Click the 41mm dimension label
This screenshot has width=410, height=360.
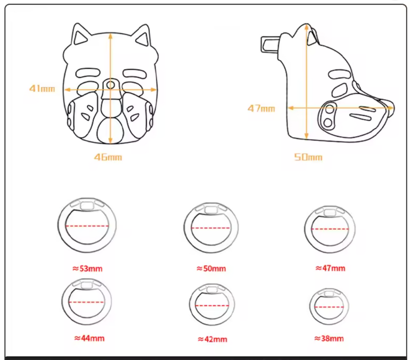[x=42, y=88]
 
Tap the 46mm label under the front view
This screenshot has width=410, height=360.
[x=108, y=157]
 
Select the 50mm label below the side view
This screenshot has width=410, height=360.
[x=308, y=157]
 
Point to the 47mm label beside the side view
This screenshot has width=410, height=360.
[x=261, y=108]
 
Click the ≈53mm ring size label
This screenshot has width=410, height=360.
[x=87, y=268]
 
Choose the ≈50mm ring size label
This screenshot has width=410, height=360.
[x=211, y=268]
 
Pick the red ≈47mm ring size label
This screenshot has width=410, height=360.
[x=330, y=268]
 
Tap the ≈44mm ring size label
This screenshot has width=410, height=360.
[x=89, y=338]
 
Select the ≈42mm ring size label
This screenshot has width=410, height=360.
[x=212, y=339]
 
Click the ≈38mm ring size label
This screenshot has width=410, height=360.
[x=329, y=338]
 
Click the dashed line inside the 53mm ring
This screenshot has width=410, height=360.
[x=87, y=226]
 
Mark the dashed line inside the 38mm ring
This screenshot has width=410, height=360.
[x=329, y=307]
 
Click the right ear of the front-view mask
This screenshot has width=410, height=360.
[x=143, y=36]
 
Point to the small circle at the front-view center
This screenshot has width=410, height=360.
[x=111, y=85]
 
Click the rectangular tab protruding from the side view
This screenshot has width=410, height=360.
[x=270, y=45]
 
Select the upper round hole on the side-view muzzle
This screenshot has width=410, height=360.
[x=330, y=109]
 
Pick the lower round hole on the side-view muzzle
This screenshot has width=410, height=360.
[x=328, y=122]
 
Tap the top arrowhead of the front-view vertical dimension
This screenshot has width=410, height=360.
[x=111, y=36]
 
